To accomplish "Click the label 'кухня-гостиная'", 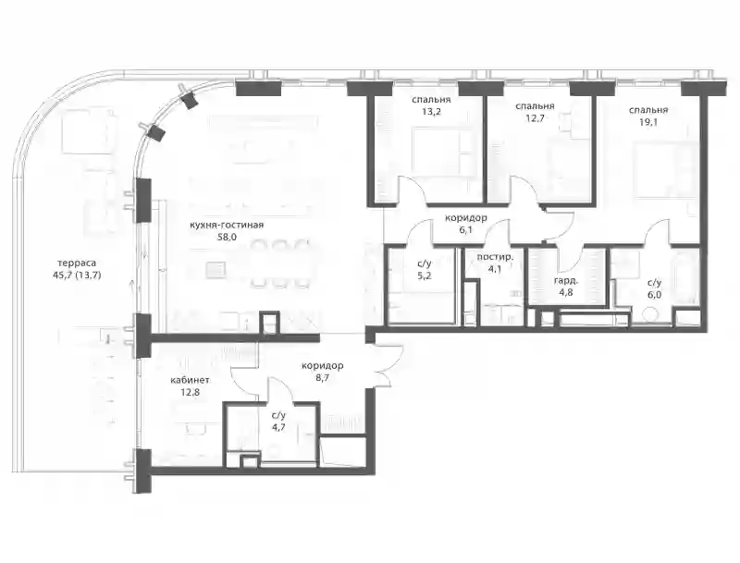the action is (x=227, y=225).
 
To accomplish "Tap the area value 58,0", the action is (x=227, y=238).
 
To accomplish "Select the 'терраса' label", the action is (x=77, y=263).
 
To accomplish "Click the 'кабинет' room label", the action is (x=190, y=380).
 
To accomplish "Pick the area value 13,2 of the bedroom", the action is (x=431, y=112).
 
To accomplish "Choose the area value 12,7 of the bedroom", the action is (x=536, y=118).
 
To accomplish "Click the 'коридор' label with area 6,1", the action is (x=466, y=218).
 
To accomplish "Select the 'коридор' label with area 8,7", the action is (x=322, y=365).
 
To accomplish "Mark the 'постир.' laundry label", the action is (x=495, y=257).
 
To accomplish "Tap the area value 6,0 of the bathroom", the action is (x=654, y=294).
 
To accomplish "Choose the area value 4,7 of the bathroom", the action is (x=278, y=427).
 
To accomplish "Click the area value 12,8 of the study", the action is (x=190, y=392).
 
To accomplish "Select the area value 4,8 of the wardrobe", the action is (x=565, y=292).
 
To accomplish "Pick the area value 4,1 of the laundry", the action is (x=495, y=270).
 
